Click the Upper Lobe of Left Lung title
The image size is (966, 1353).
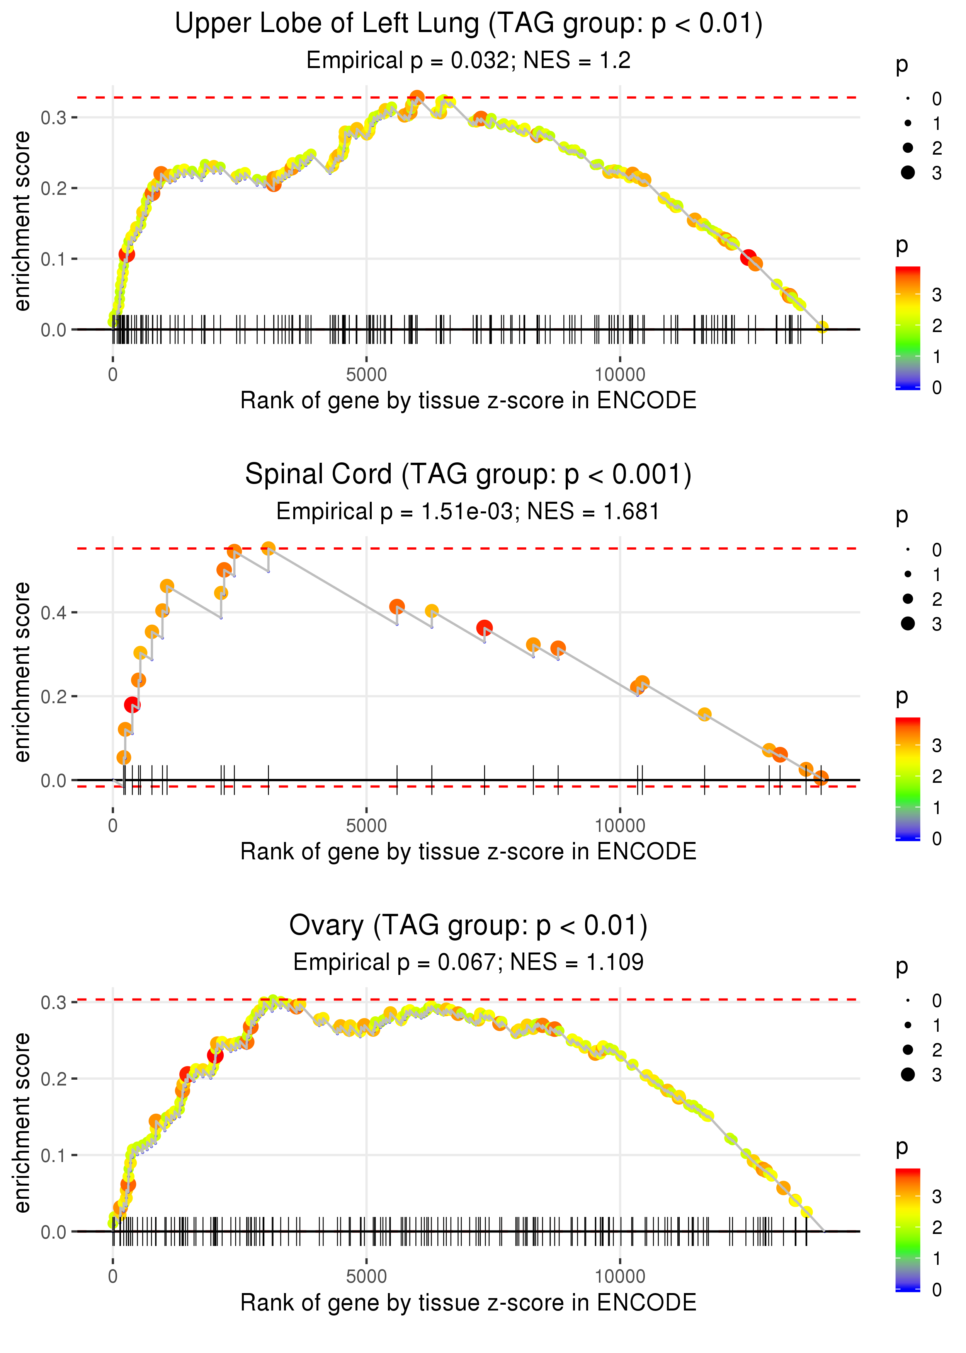point(468,24)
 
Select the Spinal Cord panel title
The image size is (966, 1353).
point(468,475)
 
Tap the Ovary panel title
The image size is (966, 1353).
point(468,926)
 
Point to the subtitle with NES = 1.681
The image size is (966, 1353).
point(468,512)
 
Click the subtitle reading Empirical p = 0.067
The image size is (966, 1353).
point(468,962)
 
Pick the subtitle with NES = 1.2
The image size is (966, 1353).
point(468,61)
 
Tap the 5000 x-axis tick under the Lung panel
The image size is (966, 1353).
point(366,375)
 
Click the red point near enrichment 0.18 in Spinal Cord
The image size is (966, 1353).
point(132,705)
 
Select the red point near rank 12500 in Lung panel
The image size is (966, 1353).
point(748,257)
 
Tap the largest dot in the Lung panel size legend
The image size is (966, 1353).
point(908,172)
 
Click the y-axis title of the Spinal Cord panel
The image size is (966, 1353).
point(22,672)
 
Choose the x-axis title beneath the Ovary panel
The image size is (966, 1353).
point(468,1303)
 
